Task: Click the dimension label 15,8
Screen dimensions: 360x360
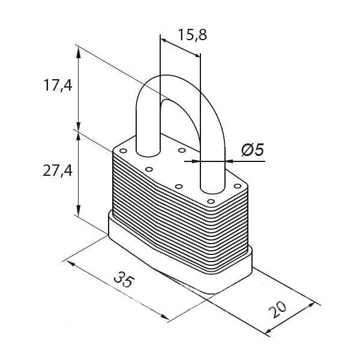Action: point(193,35)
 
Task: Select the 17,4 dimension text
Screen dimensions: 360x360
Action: point(58,85)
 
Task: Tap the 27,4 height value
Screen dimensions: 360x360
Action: point(58,171)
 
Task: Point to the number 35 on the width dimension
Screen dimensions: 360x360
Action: point(124,280)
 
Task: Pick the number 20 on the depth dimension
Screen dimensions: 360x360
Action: point(278,310)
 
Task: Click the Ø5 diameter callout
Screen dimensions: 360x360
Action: point(253,149)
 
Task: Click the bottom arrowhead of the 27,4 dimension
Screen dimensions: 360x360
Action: point(79,211)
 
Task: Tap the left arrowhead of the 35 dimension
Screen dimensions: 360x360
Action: point(71,263)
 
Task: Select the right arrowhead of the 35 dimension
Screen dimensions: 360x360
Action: point(165,317)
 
